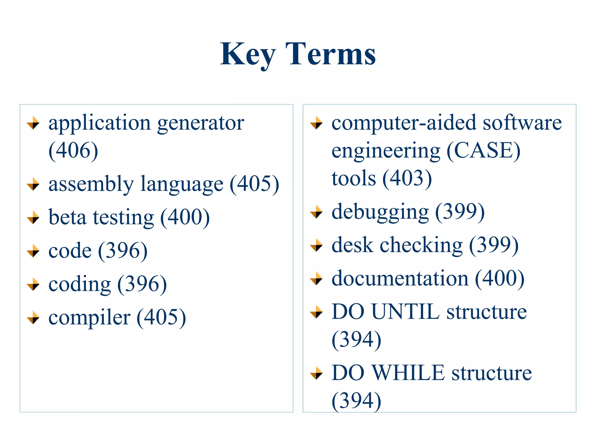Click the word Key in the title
[247, 54]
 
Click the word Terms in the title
[330, 54]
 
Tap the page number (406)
[73, 150]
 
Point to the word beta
[67, 217]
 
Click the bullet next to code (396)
[33, 251]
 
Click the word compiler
[89, 317]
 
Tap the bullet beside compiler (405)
[33, 317]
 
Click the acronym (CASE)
[483, 150]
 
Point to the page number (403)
[407, 178]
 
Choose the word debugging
[380, 212]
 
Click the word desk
[352, 245]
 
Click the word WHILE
[409, 373]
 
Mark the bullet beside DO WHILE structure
[316, 373]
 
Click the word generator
[201, 123]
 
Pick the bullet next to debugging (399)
[316, 212]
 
